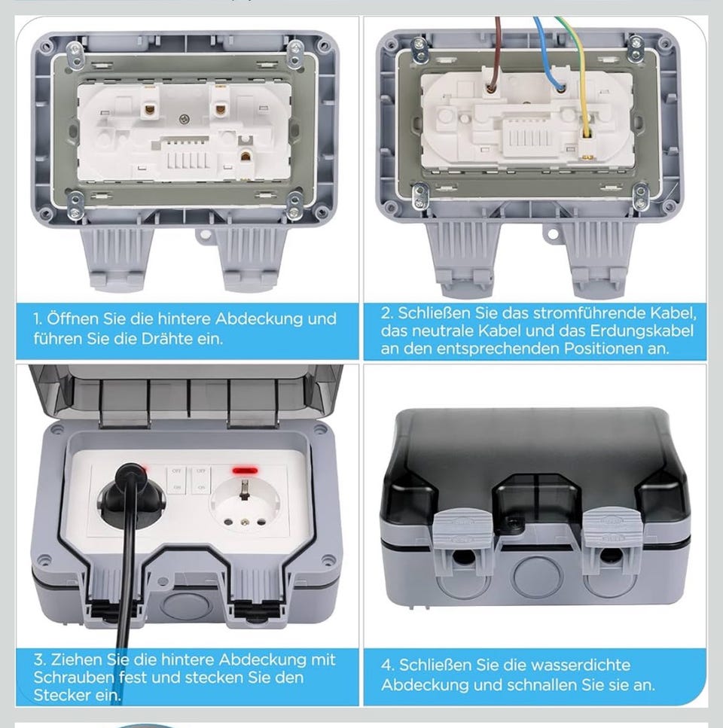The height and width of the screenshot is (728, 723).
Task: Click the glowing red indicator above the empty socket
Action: click(246, 471)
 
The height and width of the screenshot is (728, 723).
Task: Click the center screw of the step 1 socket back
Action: click(185, 119)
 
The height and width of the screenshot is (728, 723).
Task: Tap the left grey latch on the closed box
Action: click(457, 528)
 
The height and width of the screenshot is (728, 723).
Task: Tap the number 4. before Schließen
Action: click(387, 665)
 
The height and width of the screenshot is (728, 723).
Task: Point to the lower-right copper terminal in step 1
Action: click(246, 156)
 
